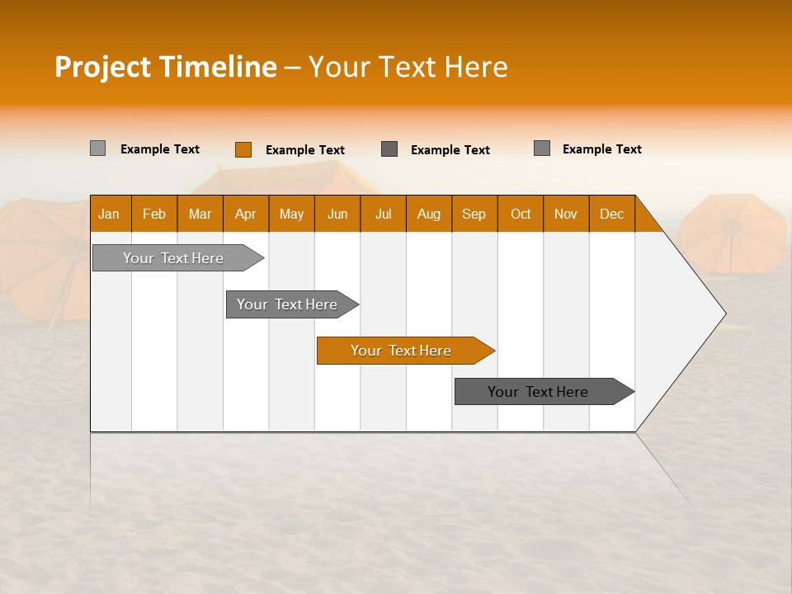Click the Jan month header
(109, 214)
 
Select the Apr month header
(245, 214)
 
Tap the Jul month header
(383, 214)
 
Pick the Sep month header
(474, 214)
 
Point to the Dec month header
(611, 214)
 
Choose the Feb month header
(154, 214)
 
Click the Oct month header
(521, 214)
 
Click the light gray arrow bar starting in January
(173, 258)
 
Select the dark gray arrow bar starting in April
(287, 304)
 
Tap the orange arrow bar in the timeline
(401, 351)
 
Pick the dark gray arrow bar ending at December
(538, 392)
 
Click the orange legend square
(243, 149)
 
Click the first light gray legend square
(98, 148)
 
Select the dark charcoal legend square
(389, 149)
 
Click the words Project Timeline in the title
(165, 67)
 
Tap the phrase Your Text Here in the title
(408, 67)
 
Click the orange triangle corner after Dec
(646, 219)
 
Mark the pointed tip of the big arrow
(724, 313)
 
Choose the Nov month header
(566, 214)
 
